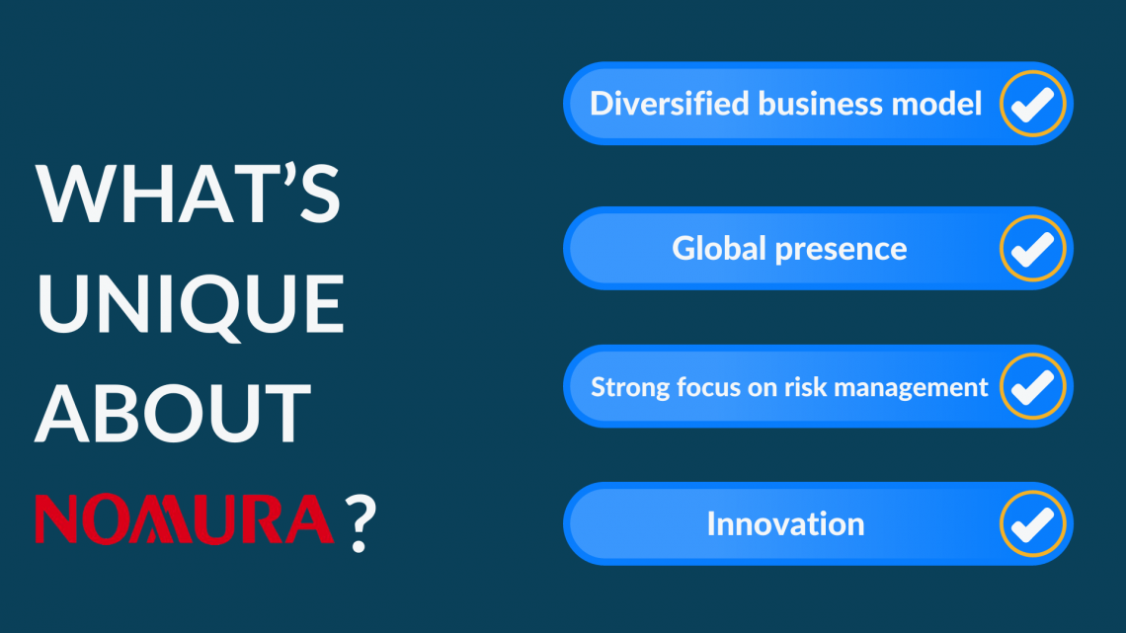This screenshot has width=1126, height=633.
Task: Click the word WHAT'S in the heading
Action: point(188,194)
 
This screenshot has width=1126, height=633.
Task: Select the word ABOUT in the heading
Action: point(174,412)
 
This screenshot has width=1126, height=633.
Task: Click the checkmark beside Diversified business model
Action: point(1032,104)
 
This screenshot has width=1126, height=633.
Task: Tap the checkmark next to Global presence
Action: point(1032,248)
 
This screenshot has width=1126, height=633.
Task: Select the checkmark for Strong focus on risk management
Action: point(1032,386)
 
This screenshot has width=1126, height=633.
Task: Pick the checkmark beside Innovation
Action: point(1032,523)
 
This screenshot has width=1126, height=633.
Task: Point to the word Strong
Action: point(624,387)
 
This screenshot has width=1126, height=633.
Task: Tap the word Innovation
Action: point(785,523)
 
